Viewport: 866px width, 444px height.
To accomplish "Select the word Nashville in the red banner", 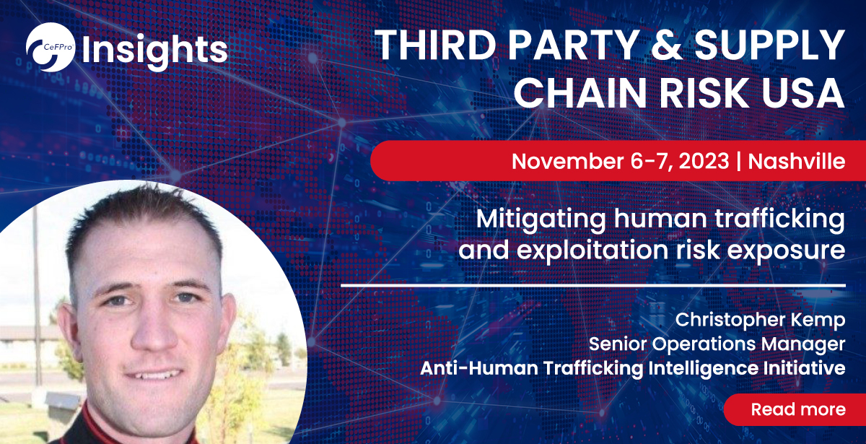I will point(797,161).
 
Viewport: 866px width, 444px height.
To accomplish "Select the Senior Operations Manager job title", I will point(717,343).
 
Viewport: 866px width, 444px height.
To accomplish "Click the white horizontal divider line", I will point(592,285).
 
